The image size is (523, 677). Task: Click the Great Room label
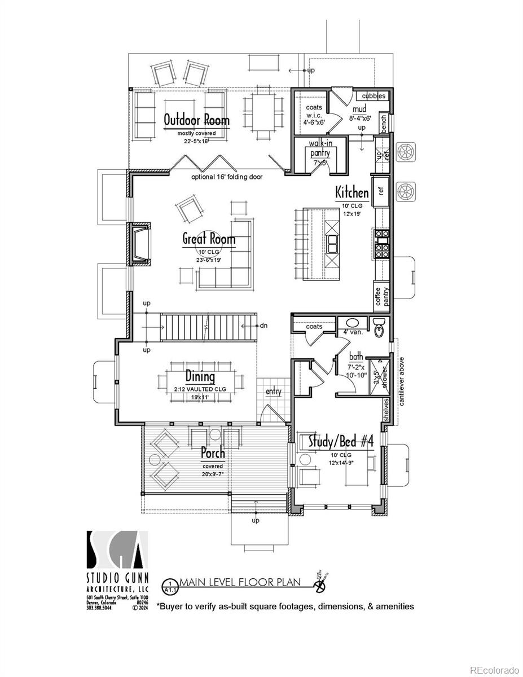208,239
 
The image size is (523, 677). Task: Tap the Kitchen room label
352,192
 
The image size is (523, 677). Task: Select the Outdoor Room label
196,120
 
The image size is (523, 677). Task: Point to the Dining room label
200,376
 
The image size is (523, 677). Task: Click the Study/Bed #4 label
341,441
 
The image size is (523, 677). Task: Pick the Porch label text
213,452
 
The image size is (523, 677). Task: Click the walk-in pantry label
319,148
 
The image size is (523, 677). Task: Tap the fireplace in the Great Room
140,244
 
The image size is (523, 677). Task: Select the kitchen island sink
333,244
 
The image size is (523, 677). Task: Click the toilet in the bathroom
380,326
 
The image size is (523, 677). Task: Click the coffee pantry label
383,297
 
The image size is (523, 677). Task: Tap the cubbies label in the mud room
373,96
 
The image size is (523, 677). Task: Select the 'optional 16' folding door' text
227,177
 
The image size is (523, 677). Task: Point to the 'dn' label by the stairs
263,326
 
